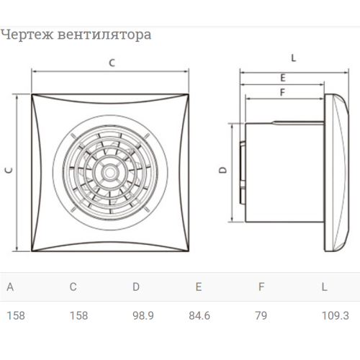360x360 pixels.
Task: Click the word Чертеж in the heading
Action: click(27, 35)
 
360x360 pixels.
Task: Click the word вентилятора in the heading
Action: click(104, 35)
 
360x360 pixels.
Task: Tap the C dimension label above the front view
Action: click(112, 63)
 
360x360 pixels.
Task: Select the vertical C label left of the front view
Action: click(9, 170)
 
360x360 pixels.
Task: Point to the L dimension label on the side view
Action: click(294, 58)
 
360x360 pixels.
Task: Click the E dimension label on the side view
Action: click(283, 78)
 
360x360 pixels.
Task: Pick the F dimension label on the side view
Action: click(282, 92)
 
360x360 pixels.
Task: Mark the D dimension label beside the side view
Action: click(223, 170)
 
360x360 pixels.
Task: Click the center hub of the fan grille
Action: click(110, 172)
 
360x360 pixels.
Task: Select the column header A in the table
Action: click(10, 287)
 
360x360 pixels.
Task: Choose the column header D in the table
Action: click(136, 287)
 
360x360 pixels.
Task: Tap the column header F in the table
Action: click(261, 287)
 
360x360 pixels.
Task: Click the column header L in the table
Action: click(324, 287)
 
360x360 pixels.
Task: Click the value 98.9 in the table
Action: click(143, 315)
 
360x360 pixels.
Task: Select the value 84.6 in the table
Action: click(199, 315)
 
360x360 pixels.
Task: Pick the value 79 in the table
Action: click(261, 315)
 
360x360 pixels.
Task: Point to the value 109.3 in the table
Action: click(335, 315)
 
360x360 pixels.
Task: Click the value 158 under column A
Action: click(16, 315)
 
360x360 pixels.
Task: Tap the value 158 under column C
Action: click(78, 315)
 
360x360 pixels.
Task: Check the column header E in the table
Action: click(199, 287)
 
